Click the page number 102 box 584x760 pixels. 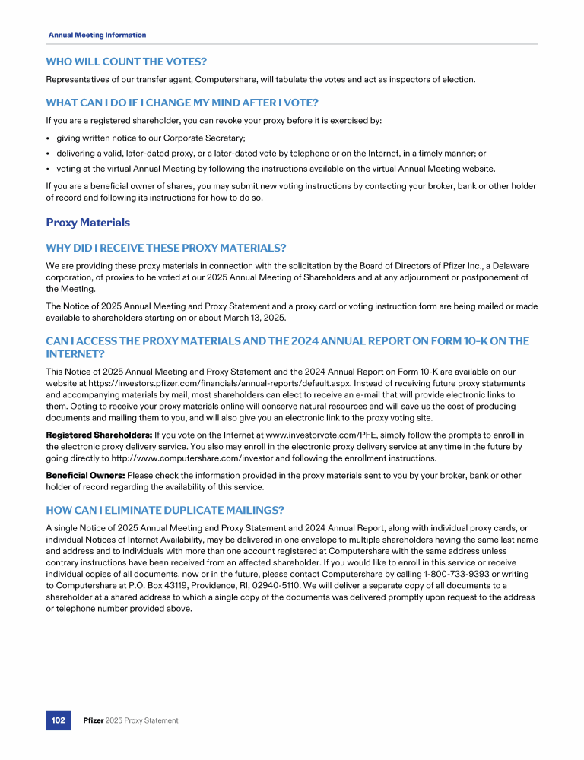click(58, 720)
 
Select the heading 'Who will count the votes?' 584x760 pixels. click(126, 61)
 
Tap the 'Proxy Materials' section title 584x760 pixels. click(87, 223)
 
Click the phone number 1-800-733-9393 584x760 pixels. click(433, 575)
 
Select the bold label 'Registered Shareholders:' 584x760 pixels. click(99, 435)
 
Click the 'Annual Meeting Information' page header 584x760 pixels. click(97, 35)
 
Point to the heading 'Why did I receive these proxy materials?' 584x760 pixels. click(166, 248)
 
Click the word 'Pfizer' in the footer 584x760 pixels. click(93, 720)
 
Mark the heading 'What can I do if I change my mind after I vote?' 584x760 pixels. click(182, 103)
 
